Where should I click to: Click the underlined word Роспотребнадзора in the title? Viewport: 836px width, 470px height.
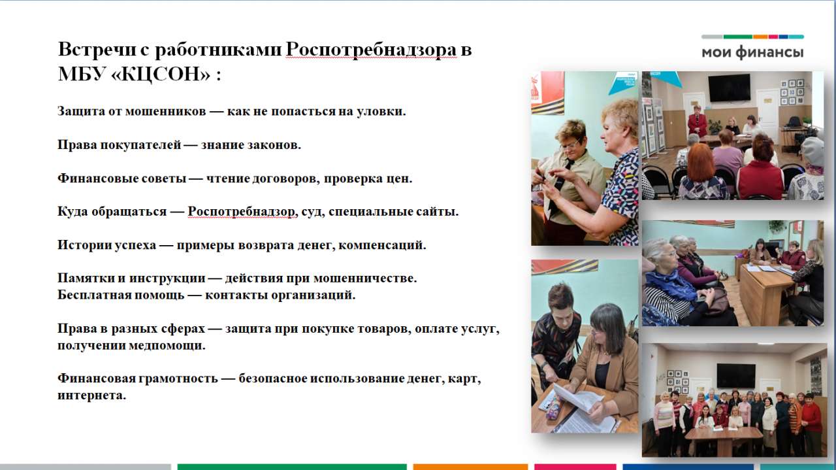371,50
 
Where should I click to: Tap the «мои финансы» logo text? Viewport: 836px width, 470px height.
752,52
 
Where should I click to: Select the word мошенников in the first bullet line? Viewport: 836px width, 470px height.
165,111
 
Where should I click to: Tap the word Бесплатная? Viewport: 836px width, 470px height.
94,295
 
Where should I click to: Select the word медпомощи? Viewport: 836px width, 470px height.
167,346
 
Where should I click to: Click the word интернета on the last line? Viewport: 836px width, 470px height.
91,395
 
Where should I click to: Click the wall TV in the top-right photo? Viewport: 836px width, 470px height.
729,88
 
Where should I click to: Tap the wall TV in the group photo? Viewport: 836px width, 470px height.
736,375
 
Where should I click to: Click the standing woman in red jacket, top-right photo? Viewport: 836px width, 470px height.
697,122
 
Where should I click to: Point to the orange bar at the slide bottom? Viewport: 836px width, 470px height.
470,467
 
